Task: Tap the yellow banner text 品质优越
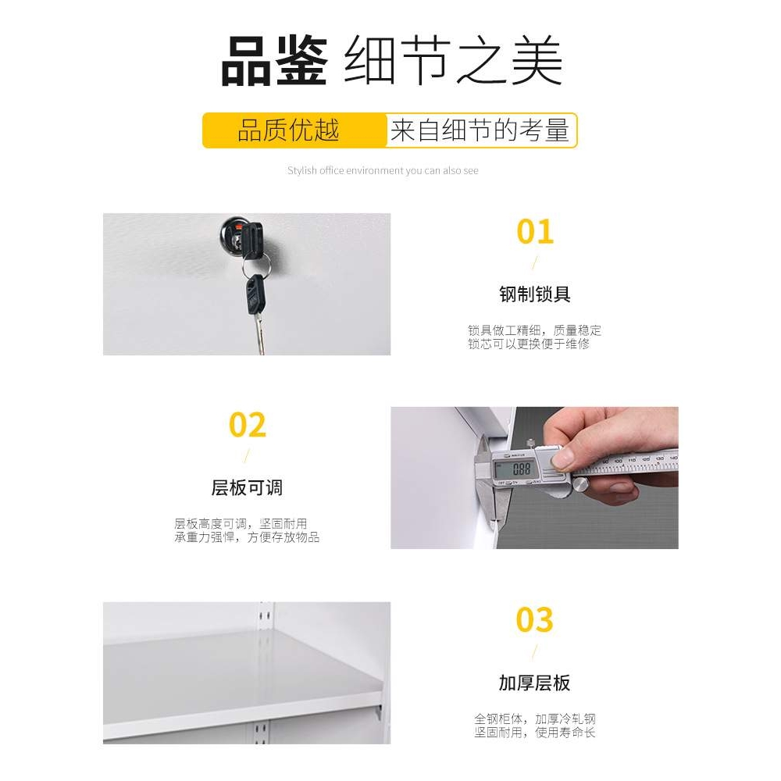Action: coord(288,130)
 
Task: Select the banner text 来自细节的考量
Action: coord(480,130)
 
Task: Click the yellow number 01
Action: coord(535,233)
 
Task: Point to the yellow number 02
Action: coord(248,426)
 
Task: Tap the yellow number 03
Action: coord(535,620)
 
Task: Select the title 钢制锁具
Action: coord(535,294)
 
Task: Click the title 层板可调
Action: coord(247,488)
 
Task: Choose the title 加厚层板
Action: coord(535,683)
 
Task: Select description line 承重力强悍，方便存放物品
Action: coord(247,537)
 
